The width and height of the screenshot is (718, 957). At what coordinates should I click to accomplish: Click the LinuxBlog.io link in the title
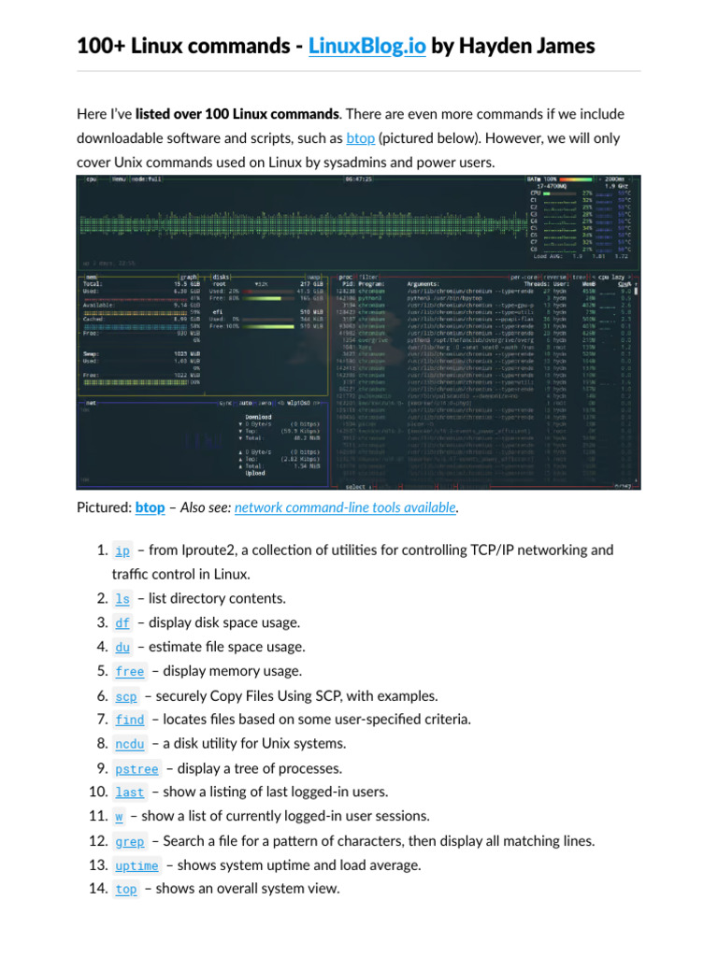pyautogui.click(x=366, y=45)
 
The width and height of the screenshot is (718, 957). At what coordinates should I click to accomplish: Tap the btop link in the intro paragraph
pyautogui.click(x=359, y=137)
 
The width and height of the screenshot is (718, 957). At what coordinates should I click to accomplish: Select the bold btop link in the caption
pyautogui.click(x=150, y=507)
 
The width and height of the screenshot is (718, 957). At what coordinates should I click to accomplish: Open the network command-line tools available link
pyautogui.click(x=346, y=507)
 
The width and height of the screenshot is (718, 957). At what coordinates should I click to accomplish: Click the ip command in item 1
pyautogui.click(x=122, y=550)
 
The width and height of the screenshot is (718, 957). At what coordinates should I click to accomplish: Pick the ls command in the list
pyautogui.click(x=122, y=599)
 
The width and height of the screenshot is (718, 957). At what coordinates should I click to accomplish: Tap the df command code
pyautogui.click(x=122, y=623)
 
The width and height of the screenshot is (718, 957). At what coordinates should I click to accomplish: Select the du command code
pyautogui.click(x=122, y=648)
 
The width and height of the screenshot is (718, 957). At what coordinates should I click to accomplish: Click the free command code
pyautogui.click(x=130, y=672)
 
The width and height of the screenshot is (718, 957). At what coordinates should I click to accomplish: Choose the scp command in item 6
pyautogui.click(x=126, y=696)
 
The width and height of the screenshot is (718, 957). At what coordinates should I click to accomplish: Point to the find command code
pyautogui.click(x=130, y=721)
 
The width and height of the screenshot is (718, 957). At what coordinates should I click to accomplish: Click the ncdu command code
pyautogui.click(x=130, y=745)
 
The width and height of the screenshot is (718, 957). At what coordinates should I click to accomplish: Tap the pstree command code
pyautogui.click(x=136, y=769)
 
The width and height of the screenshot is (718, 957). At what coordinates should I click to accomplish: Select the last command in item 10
pyautogui.click(x=130, y=793)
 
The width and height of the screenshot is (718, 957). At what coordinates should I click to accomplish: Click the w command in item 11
pyautogui.click(x=119, y=817)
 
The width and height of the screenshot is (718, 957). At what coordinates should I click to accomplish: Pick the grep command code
pyautogui.click(x=130, y=841)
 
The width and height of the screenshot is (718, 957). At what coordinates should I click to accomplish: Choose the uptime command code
pyautogui.click(x=136, y=865)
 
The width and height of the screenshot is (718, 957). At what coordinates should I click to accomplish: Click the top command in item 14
pyautogui.click(x=126, y=890)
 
